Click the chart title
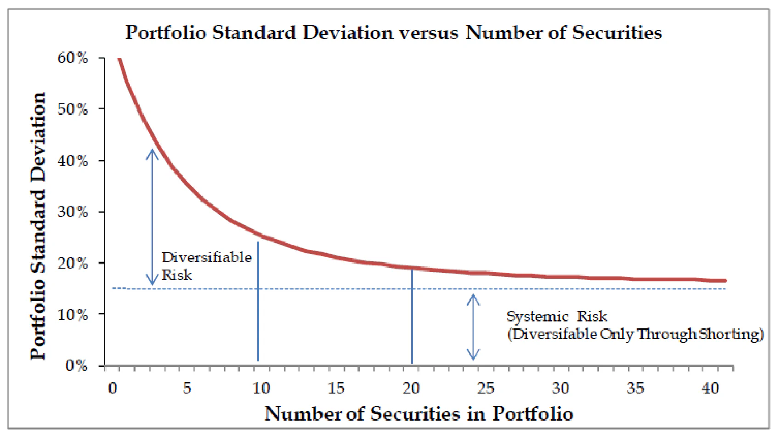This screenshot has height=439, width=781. click(393, 33)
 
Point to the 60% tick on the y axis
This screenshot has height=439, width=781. click(73, 58)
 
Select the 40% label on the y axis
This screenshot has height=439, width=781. click(73, 161)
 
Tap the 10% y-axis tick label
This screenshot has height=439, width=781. click(73, 315)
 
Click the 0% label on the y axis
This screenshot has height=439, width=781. click(76, 366)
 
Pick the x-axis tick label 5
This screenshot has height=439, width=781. click(187, 388)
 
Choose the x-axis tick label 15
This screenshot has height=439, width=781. click(336, 388)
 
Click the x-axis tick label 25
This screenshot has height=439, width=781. click(486, 388)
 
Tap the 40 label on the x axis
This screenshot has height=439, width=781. click(710, 388)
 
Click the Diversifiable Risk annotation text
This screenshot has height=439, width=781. click(206, 266)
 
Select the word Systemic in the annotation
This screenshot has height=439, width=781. click(537, 316)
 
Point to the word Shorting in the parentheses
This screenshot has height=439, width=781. click(730, 334)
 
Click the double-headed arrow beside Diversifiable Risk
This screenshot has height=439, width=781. click(152, 217)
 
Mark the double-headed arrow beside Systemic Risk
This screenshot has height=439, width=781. click(473, 327)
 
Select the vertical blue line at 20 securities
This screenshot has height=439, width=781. click(412, 317)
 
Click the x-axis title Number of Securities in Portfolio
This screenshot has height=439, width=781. click(419, 414)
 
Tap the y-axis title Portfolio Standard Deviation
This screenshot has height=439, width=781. click(39, 226)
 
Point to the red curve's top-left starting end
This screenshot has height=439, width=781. click(119, 59)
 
